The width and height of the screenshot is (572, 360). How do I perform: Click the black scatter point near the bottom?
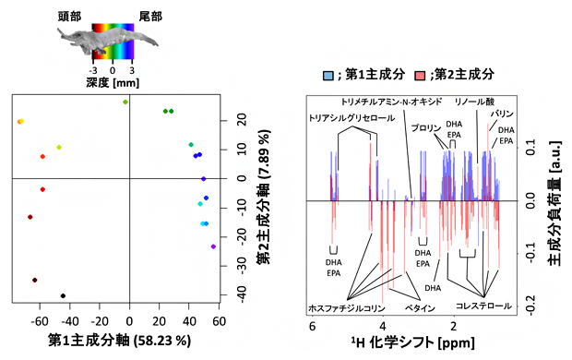(x=63, y=296)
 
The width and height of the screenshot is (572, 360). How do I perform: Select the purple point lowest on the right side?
(x=213, y=246)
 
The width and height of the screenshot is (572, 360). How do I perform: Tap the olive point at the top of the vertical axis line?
(x=125, y=102)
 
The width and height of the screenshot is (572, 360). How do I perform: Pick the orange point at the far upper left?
(x=20, y=122)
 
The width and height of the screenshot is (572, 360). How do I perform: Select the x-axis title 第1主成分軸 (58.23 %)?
(x=120, y=341)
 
